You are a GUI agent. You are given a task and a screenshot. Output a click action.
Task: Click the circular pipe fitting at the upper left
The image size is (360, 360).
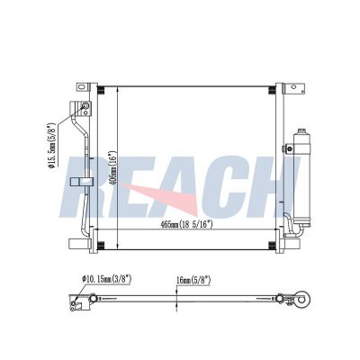point(84,110)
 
